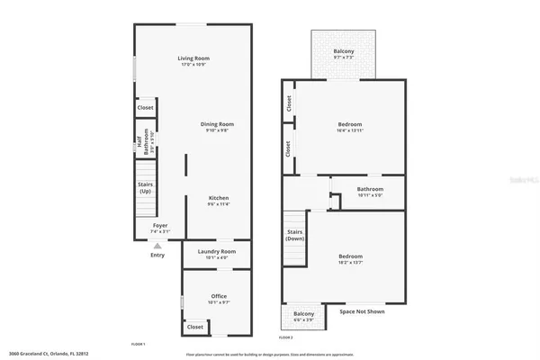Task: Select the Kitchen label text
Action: (219, 200)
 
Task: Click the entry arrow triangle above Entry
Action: (157, 245)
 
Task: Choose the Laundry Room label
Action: (216, 253)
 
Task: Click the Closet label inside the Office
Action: (195, 327)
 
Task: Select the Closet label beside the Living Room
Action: (145, 108)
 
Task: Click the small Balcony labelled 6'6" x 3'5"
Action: (303, 316)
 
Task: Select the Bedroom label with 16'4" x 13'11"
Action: (350, 126)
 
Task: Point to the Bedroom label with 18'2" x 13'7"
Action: (350, 258)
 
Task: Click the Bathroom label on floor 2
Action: (370, 190)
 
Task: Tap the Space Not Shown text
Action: (363, 314)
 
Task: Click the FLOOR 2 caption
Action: (285, 337)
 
